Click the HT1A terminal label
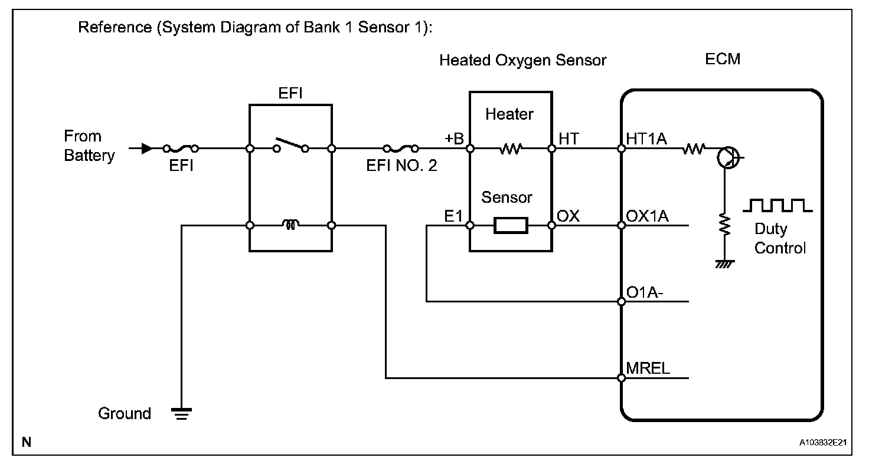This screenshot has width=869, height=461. pyautogui.click(x=646, y=139)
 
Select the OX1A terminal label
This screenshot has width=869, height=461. pyautogui.click(x=647, y=216)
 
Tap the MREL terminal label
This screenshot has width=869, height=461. pyautogui.click(x=648, y=368)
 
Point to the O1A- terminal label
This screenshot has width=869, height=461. pyautogui.click(x=645, y=292)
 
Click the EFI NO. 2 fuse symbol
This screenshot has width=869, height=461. pyautogui.click(x=401, y=149)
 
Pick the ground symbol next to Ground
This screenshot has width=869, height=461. pyautogui.click(x=182, y=413)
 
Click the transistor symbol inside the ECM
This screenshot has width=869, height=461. pyautogui.click(x=728, y=157)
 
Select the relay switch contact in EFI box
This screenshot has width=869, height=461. pyautogui.click(x=291, y=145)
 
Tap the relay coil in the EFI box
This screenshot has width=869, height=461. pyautogui.click(x=290, y=224)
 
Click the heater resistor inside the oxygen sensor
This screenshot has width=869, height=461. pyautogui.click(x=511, y=149)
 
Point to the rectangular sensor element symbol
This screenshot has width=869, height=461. pyautogui.click(x=511, y=225)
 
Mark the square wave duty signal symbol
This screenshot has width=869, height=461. pyautogui.click(x=777, y=205)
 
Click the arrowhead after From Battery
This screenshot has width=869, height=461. pyautogui.click(x=147, y=149)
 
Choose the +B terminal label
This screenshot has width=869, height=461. pyautogui.click(x=454, y=139)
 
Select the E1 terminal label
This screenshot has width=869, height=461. pyautogui.click(x=453, y=216)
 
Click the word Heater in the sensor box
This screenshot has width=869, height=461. pyautogui.click(x=509, y=114)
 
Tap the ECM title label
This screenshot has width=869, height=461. pyautogui.click(x=723, y=59)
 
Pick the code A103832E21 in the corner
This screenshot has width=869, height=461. pyautogui.click(x=823, y=442)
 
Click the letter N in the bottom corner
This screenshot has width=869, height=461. pyautogui.click(x=27, y=442)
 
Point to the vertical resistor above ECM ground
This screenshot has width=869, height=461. pyautogui.click(x=724, y=224)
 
